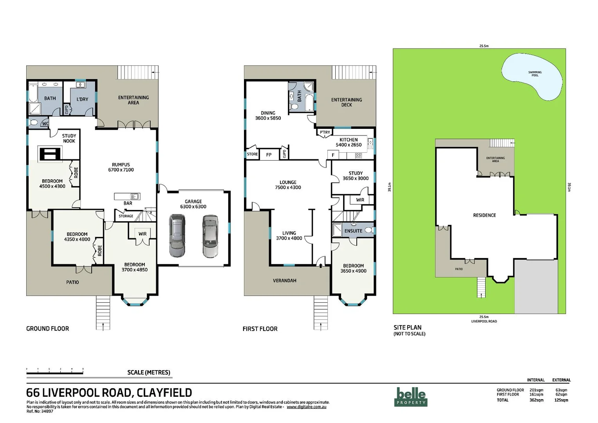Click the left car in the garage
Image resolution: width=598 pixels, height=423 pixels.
[177, 236]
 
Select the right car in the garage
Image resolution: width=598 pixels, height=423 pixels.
[210, 236]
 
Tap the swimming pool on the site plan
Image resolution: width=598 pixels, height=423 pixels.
[532, 78]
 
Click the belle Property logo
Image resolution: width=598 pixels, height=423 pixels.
[410, 396]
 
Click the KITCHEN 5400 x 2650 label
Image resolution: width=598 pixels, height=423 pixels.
[348, 142]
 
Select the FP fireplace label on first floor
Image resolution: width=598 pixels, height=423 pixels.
[269, 155]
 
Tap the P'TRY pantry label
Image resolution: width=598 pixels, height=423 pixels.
[325, 132]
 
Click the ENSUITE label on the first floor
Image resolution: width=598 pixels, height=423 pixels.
[353, 231]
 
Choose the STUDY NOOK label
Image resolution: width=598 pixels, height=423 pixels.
[69, 138]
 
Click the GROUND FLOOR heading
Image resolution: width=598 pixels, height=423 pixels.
[47, 329]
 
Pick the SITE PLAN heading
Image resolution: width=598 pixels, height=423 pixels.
[407, 327]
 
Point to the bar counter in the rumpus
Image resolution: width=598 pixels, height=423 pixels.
[127, 196]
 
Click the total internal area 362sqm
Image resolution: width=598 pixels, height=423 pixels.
[536, 400]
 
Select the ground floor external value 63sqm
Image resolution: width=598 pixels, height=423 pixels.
[561, 390]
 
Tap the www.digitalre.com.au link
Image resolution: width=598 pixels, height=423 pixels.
[306, 407]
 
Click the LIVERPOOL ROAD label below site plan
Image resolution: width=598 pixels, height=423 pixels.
[484, 322]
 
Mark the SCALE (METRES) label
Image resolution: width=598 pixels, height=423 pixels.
[148, 372]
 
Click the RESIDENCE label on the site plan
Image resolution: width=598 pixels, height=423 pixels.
[484, 215]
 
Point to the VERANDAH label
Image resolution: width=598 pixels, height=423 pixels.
[284, 280]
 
